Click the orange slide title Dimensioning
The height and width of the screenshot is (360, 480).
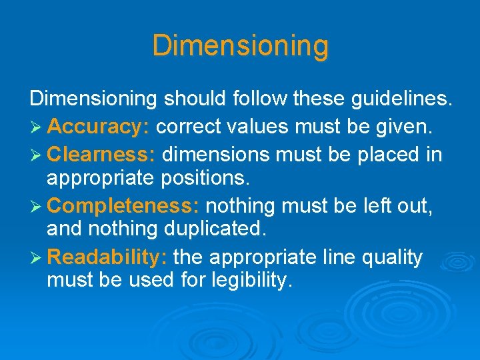point(240,46)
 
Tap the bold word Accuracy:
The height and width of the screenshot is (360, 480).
point(101,126)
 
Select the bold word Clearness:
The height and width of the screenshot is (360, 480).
point(102,155)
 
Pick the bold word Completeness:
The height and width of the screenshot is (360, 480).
point(123,206)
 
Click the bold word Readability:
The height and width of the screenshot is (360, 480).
point(107,257)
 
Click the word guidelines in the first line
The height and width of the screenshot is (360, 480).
point(399,99)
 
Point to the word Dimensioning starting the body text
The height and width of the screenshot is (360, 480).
point(93,99)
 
